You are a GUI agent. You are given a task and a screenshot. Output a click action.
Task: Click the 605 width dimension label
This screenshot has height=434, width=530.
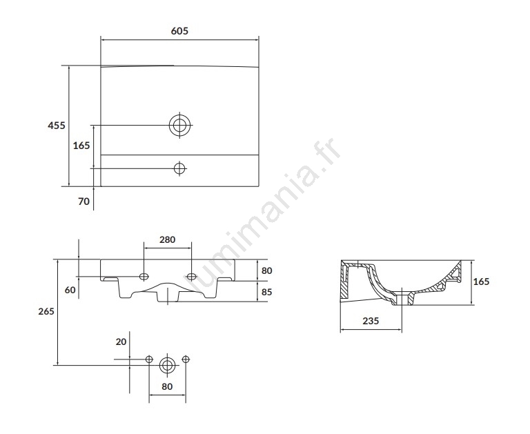point(179,31)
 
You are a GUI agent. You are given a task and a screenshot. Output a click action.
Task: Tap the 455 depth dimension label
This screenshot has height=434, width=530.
point(57,126)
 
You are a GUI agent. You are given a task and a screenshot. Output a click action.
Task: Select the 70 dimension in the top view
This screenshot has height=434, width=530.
point(84,201)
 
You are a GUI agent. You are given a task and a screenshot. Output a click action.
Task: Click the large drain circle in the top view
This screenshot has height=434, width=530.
point(180,125)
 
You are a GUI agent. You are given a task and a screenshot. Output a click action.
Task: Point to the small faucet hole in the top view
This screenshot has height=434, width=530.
point(180,168)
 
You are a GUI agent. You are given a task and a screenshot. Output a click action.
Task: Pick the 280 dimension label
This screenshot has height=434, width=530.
point(167,239)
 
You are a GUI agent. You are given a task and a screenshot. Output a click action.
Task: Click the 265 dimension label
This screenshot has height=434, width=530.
point(46,311)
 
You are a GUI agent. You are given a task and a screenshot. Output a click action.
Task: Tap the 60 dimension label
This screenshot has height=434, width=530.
point(70,290)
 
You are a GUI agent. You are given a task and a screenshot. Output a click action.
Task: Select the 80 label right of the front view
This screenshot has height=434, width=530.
point(266,270)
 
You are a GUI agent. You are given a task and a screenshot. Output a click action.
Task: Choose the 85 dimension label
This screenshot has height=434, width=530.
point(266,292)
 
